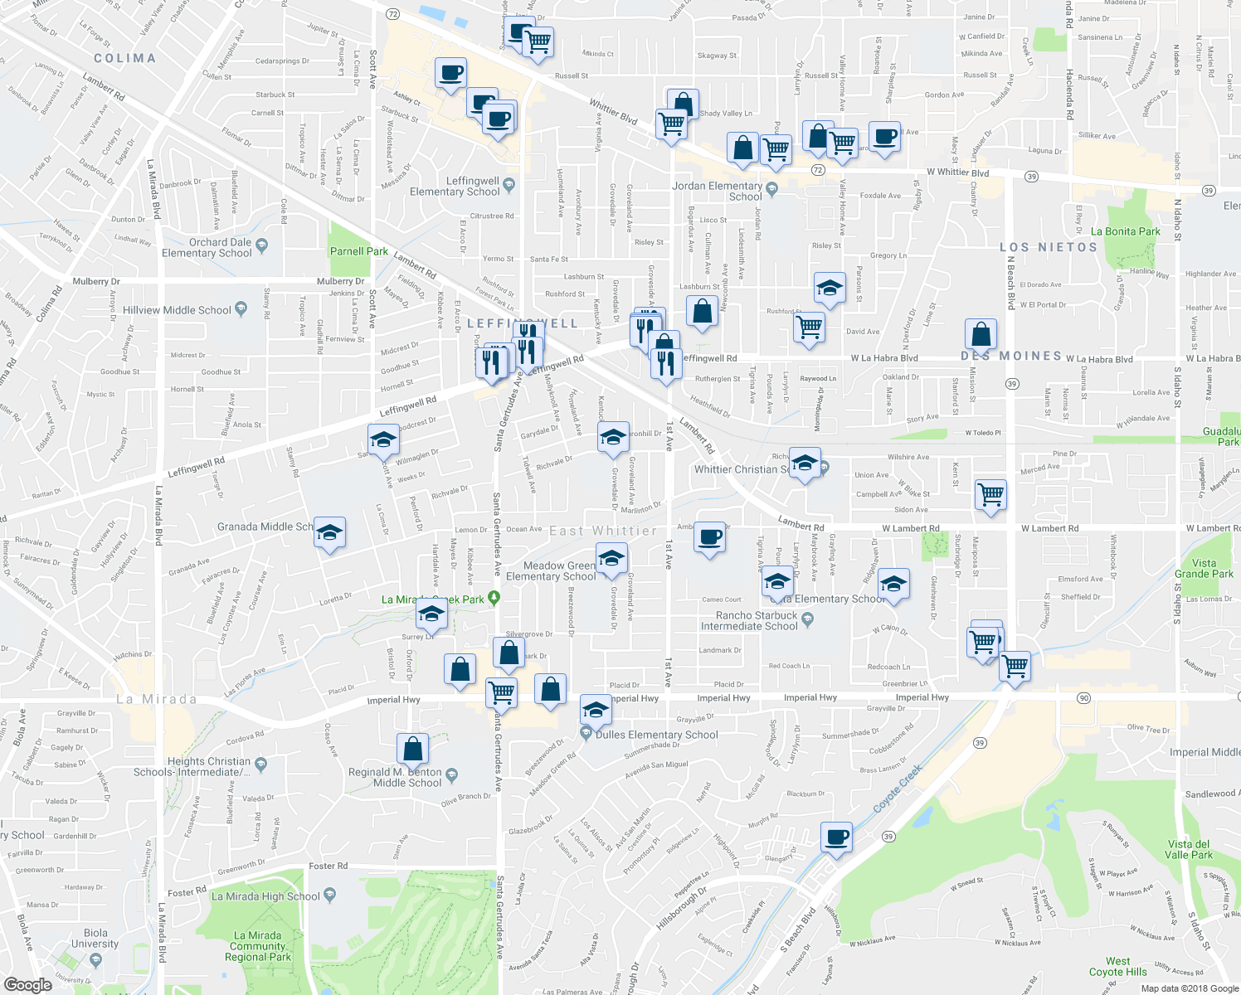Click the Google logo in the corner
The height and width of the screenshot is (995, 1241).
(27, 984)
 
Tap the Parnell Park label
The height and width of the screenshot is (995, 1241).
(358, 251)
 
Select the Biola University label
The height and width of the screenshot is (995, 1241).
(95, 939)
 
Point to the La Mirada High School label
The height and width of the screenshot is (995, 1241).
(265, 896)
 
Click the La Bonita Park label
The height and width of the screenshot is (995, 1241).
(1125, 231)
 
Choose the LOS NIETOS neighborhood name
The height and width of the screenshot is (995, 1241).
(1048, 247)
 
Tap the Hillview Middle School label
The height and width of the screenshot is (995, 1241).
(177, 310)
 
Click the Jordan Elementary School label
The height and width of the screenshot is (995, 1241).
(717, 192)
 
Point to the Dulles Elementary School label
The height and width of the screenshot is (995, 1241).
(656, 735)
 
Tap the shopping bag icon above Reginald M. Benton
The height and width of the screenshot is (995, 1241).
(412, 749)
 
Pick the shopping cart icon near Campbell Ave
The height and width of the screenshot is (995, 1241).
(991, 494)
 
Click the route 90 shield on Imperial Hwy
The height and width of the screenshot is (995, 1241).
(1083, 698)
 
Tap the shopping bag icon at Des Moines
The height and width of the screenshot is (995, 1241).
(981, 335)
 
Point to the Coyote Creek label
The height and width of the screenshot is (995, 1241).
(898, 789)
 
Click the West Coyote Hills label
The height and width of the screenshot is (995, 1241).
(1117, 967)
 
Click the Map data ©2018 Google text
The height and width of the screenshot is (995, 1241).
(1188, 988)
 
